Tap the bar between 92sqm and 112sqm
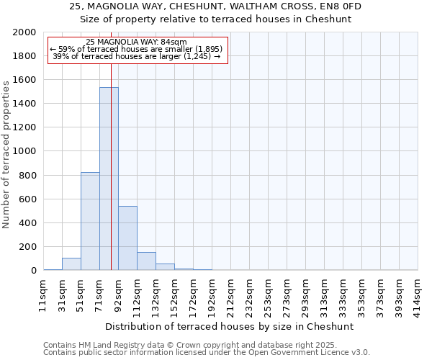[x=127, y=238]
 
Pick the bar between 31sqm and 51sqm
[x=71, y=264]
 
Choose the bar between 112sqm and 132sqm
[x=146, y=261]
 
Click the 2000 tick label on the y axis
[x=24, y=32]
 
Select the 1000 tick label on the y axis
[x=24, y=151]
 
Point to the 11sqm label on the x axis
[x=43, y=293]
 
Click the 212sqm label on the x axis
[x=230, y=294]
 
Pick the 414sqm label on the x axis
[x=418, y=294]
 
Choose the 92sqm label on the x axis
[x=118, y=293]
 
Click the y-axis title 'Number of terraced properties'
[x=6, y=154]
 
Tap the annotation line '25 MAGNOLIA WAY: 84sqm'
[x=136, y=42]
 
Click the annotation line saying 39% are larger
[x=136, y=56]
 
